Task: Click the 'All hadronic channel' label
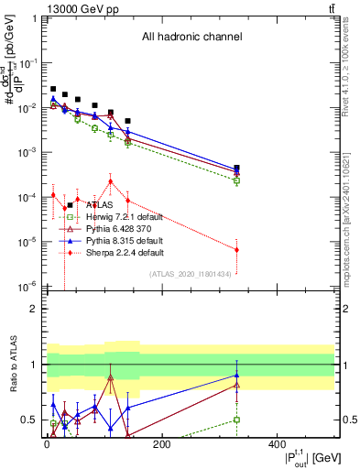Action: click(x=191, y=38)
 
